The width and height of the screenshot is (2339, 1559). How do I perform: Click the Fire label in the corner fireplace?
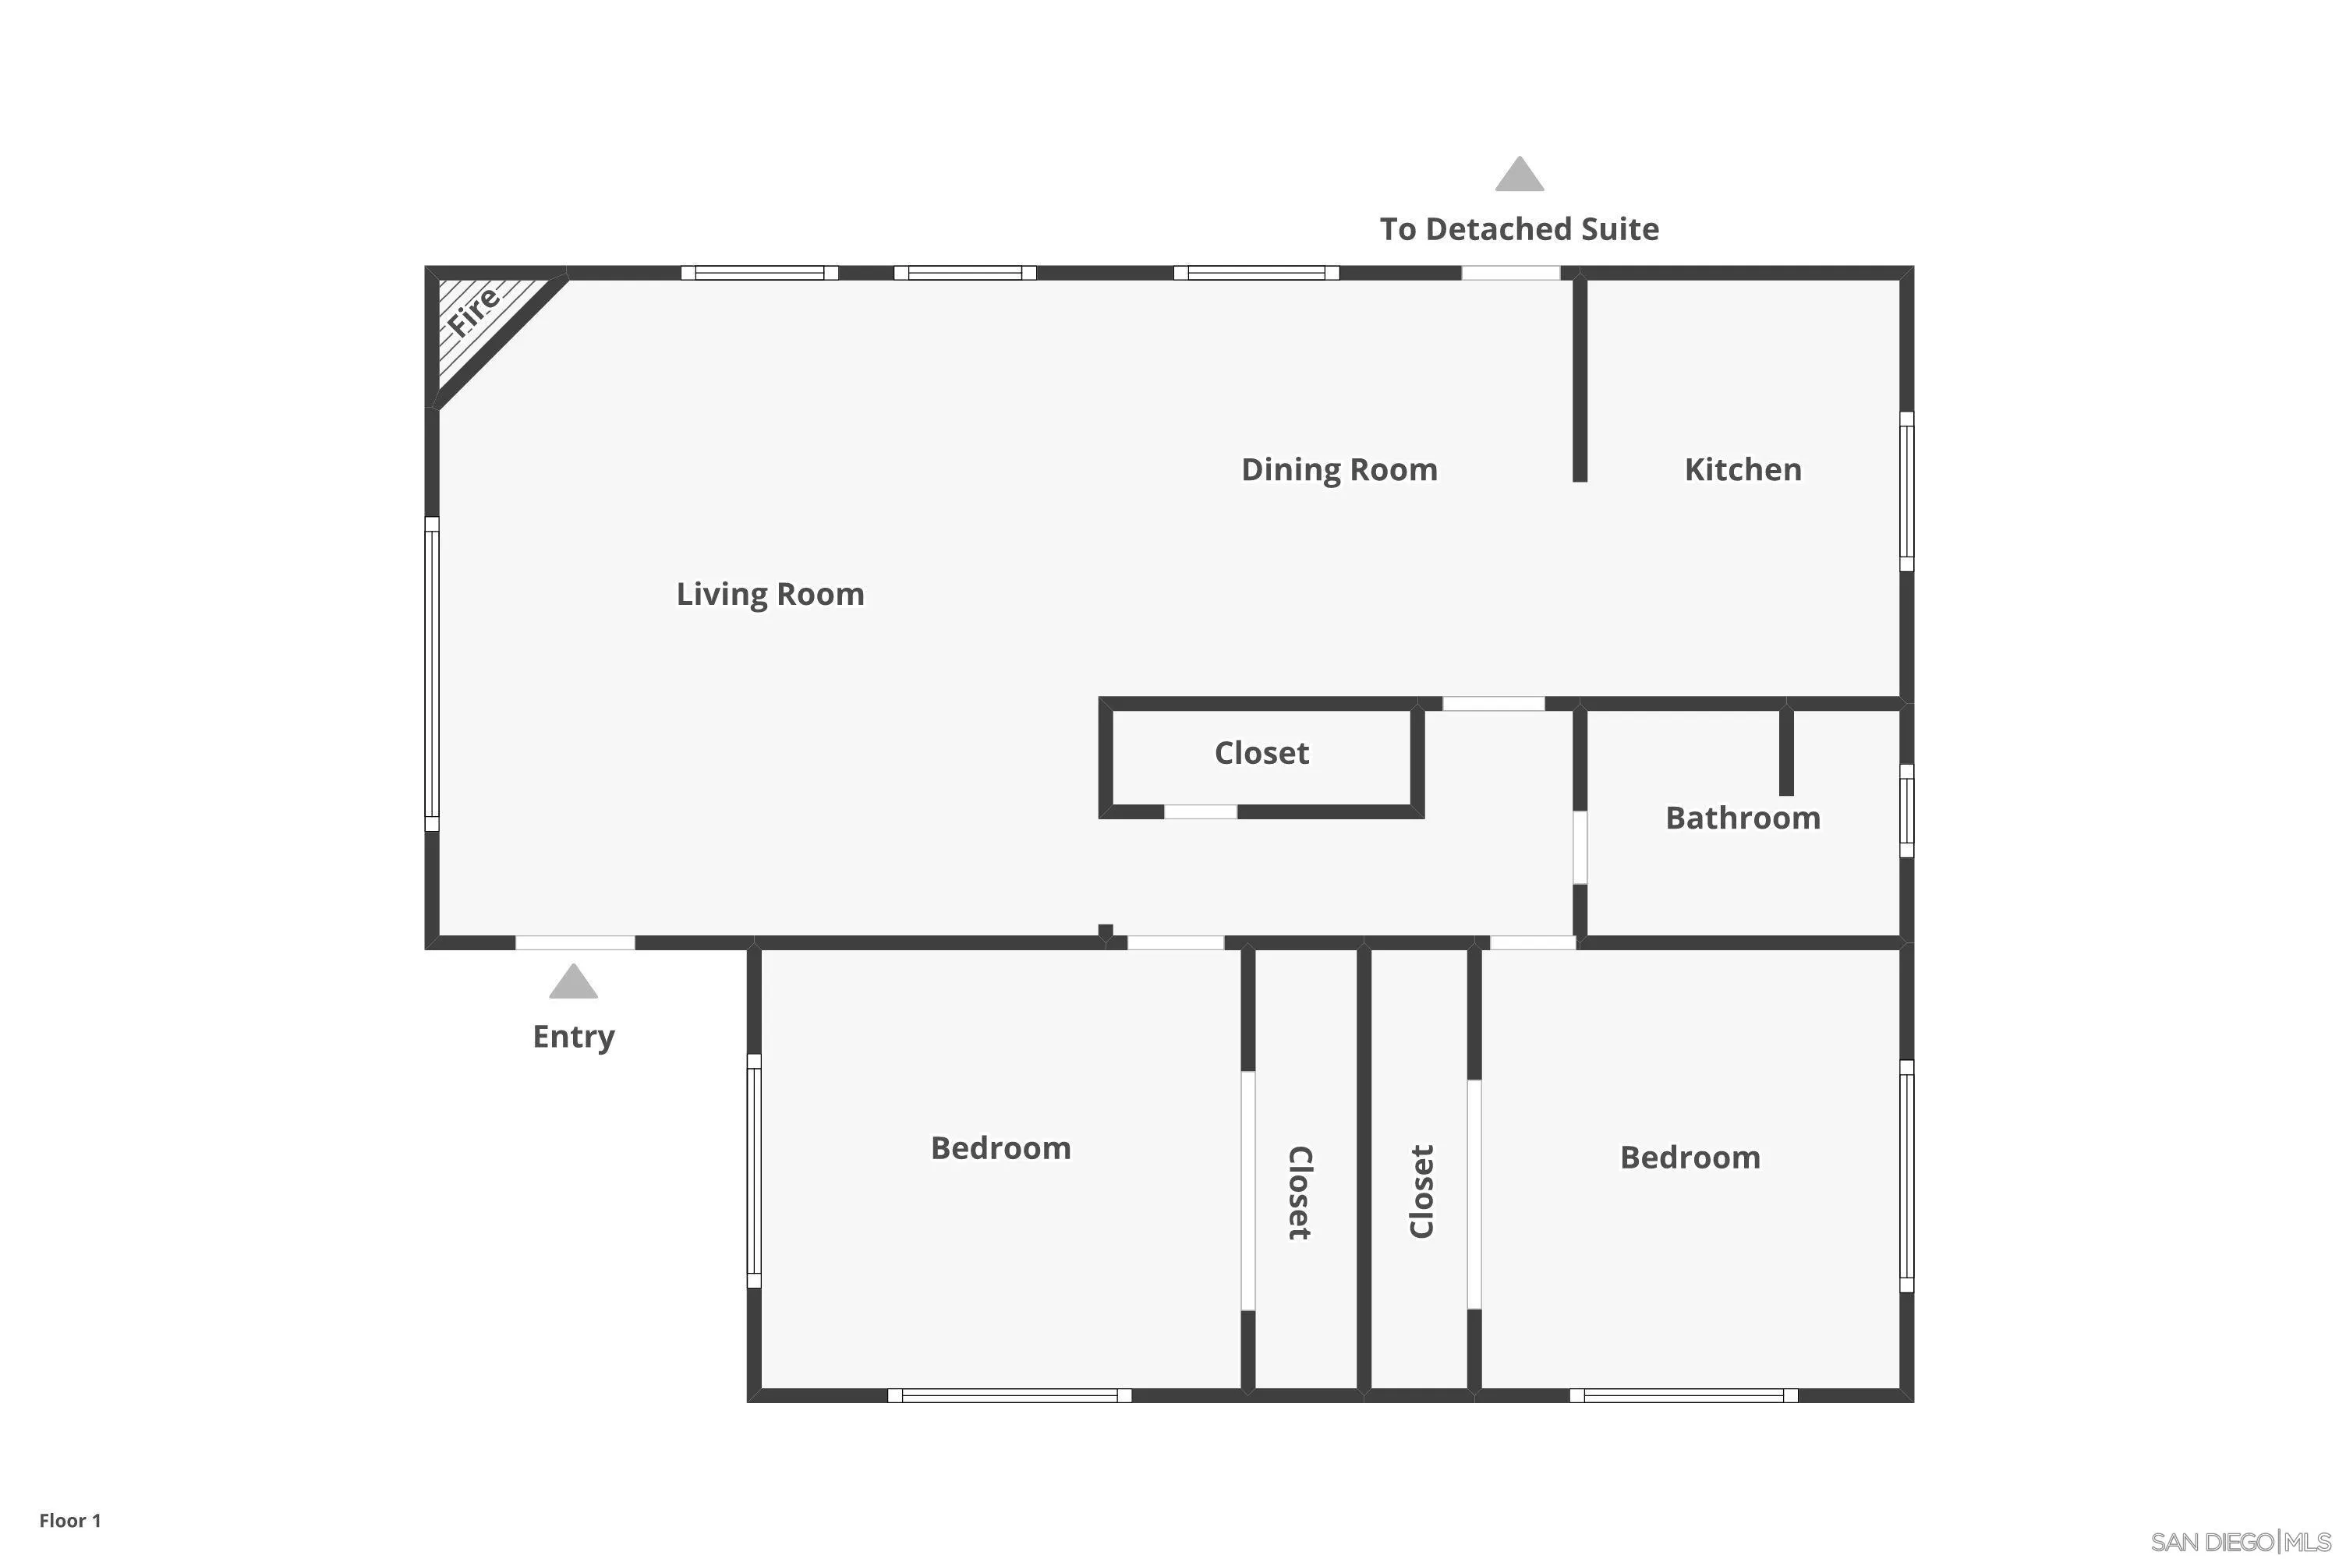473,310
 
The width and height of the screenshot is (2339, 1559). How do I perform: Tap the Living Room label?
770,595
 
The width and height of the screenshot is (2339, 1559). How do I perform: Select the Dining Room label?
1339,469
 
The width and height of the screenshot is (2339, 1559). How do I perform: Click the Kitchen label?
1743,469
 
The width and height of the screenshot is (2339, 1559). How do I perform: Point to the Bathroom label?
1743,818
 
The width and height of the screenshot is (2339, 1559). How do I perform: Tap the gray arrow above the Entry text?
573,982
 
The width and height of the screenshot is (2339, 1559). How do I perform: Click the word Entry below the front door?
573,1036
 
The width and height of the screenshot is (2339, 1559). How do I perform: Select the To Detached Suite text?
1519,230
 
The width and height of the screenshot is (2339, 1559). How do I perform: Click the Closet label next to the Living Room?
1261,753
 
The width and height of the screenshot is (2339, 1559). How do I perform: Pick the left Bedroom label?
1000,1148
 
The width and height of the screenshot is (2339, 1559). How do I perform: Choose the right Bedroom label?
1690,1158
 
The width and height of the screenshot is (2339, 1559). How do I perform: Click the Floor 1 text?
69,1520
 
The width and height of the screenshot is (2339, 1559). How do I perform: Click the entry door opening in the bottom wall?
575,942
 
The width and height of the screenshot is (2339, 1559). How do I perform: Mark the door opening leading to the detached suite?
1509,272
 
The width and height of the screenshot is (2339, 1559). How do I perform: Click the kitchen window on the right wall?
1906,491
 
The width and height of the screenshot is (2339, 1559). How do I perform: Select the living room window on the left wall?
432,673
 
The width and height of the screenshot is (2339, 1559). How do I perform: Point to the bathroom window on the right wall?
1906,811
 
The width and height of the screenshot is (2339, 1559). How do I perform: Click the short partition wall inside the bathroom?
1786,751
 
